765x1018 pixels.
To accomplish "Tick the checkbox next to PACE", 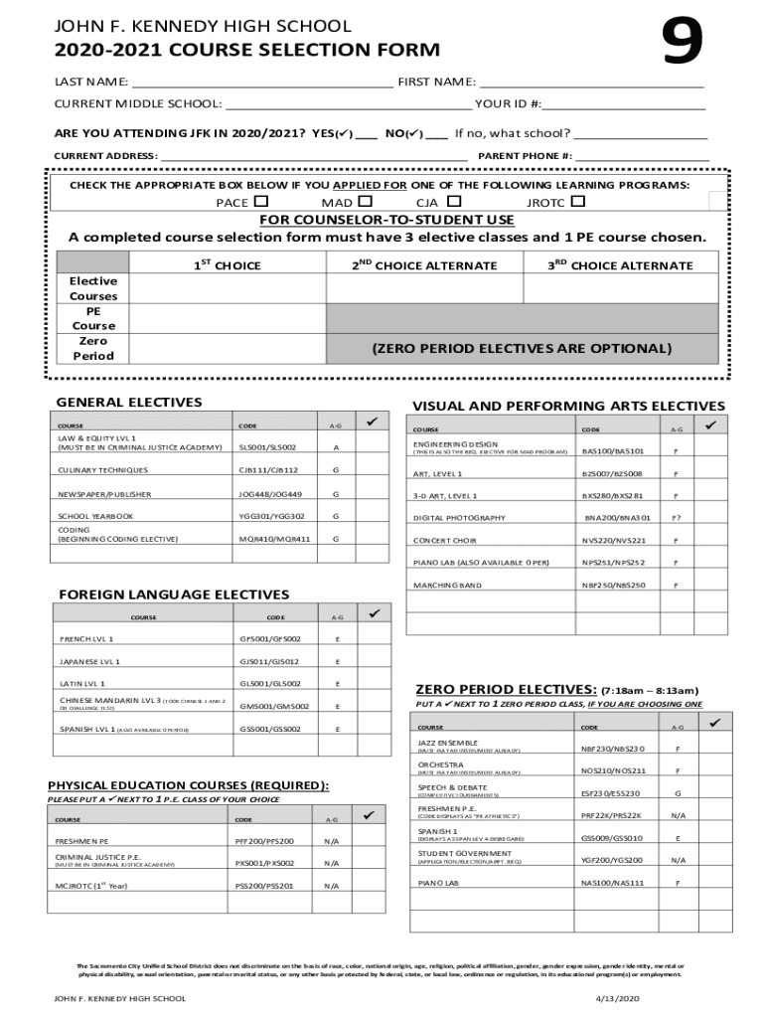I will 261,203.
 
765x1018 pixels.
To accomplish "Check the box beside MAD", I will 365,203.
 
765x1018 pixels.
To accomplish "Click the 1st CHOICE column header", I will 227,265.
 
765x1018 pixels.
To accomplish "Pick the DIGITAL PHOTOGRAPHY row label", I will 460,518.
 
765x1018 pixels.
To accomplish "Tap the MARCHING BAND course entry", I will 448,586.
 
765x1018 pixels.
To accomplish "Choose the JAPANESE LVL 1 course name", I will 89,661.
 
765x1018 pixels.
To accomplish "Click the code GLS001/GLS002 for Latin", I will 270,684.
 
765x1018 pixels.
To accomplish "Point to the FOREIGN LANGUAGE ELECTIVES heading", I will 174,594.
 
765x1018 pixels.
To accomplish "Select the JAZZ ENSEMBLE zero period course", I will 448,744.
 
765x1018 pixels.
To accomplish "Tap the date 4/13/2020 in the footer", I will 618,998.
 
